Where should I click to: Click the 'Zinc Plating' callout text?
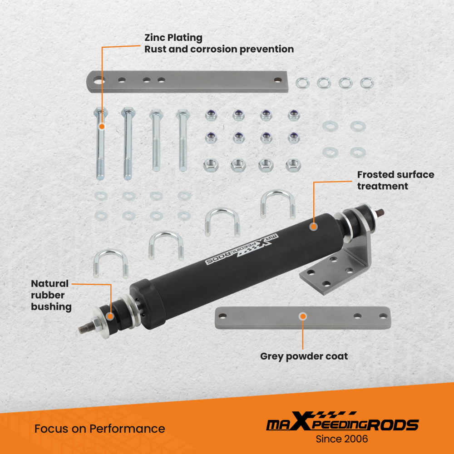pyautogui.click(x=173, y=38)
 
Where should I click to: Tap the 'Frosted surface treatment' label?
pyautogui.click(x=395, y=180)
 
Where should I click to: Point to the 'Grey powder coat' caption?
pyautogui.click(x=304, y=356)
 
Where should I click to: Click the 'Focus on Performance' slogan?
pyautogui.click(x=100, y=429)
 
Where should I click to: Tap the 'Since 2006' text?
pyautogui.click(x=342, y=439)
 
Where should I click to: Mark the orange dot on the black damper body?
pyautogui.click(x=313, y=226)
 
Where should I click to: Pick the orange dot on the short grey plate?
pyautogui.click(x=302, y=316)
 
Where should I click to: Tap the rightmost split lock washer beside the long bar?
pyautogui.click(x=367, y=83)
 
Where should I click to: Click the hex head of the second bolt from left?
pyautogui.click(x=127, y=111)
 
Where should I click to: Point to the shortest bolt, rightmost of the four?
pyautogui.click(x=182, y=141)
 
